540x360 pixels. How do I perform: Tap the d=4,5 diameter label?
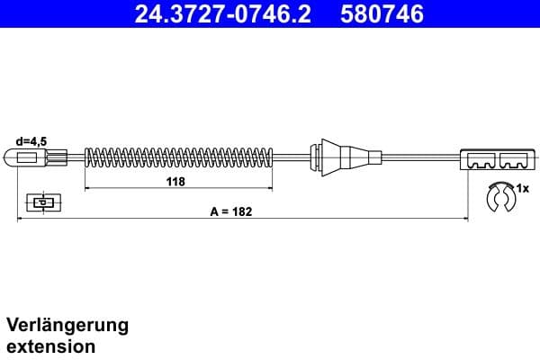(32, 140)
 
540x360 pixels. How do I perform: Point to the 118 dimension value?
(175, 182)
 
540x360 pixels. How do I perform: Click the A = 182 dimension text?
(231, 212)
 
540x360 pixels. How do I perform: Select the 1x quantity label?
(523, 188)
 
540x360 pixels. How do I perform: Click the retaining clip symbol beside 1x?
(498, 197)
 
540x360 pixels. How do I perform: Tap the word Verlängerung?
(67, 325)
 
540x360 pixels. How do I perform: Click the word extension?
(51, 346)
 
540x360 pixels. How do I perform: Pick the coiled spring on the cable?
(178, 158)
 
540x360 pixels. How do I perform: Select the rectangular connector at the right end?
(494, 159)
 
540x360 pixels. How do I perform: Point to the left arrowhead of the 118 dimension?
(87, 189)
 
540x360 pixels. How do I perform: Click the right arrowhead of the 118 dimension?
(270, 189)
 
